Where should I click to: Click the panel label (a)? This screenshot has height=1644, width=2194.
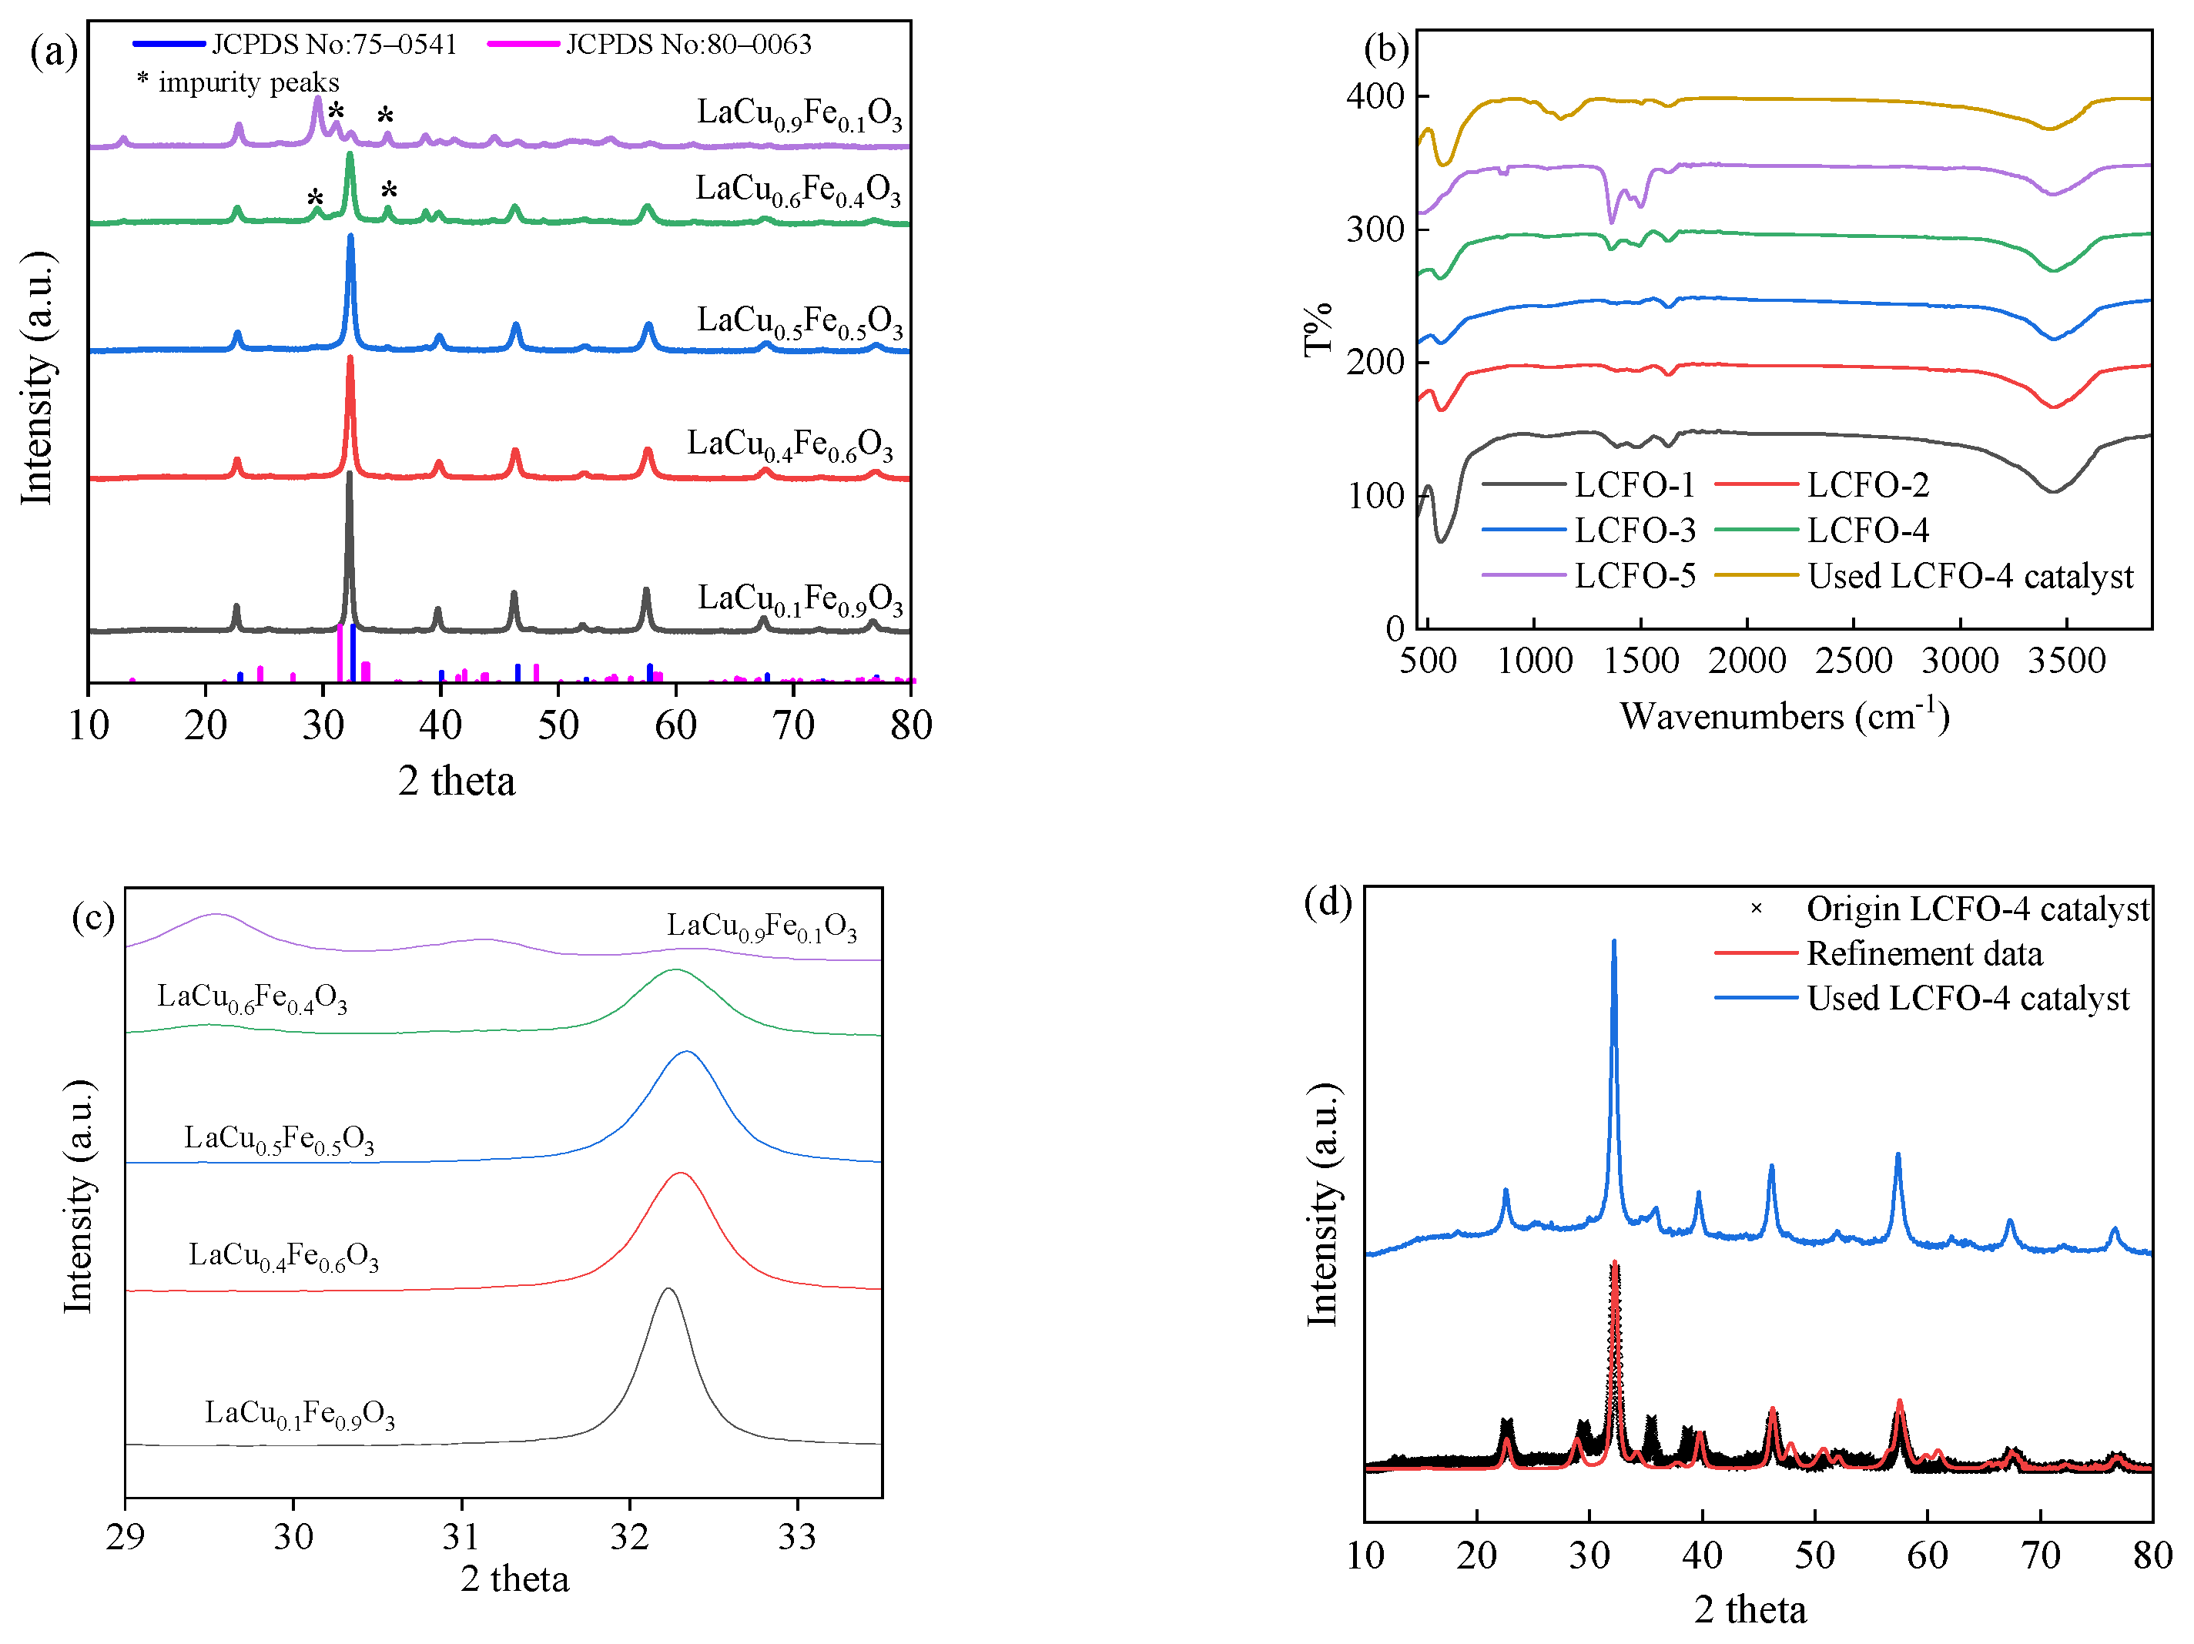point(54,52)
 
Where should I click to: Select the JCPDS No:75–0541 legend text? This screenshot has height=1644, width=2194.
point(333,45)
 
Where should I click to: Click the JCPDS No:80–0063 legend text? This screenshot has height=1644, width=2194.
point(688,45)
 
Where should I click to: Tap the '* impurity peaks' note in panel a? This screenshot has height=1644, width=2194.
point(238,82)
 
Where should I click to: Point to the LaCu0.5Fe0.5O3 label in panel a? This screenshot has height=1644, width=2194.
point(799,321)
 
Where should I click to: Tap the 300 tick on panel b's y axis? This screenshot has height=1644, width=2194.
point(1375,229)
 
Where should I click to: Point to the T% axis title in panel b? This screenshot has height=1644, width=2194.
point(1317,330)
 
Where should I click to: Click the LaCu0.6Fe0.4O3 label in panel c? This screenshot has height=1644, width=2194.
point(252,997)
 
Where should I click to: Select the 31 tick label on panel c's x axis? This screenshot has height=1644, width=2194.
point(461,1537)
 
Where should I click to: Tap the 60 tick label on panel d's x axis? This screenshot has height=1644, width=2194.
point(1928,1555)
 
